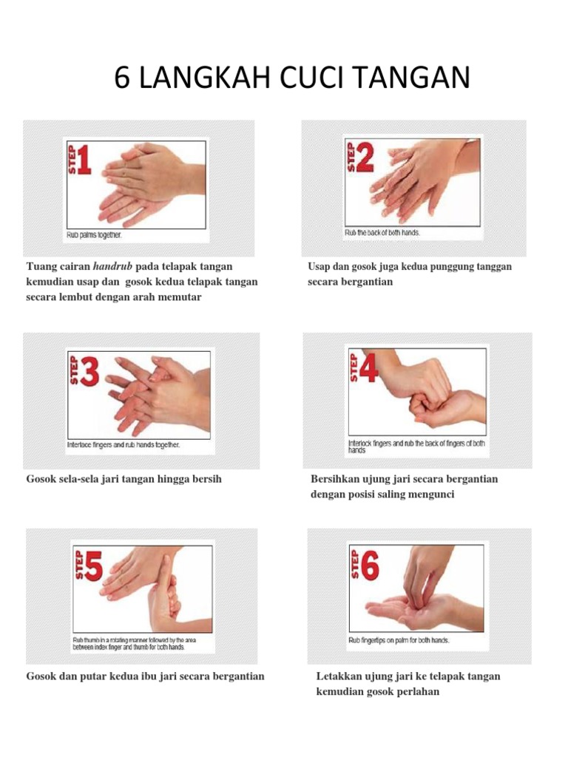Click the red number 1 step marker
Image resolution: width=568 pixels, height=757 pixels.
point(83,160)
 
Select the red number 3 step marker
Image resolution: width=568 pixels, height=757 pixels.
point(89,373)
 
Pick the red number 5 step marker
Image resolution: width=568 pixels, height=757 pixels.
point(92,568)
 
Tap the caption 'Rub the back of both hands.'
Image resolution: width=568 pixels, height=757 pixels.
point(382,232)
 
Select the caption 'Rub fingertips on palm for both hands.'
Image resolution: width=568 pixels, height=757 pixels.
point(399,640)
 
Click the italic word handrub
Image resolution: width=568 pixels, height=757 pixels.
point(113,266)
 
